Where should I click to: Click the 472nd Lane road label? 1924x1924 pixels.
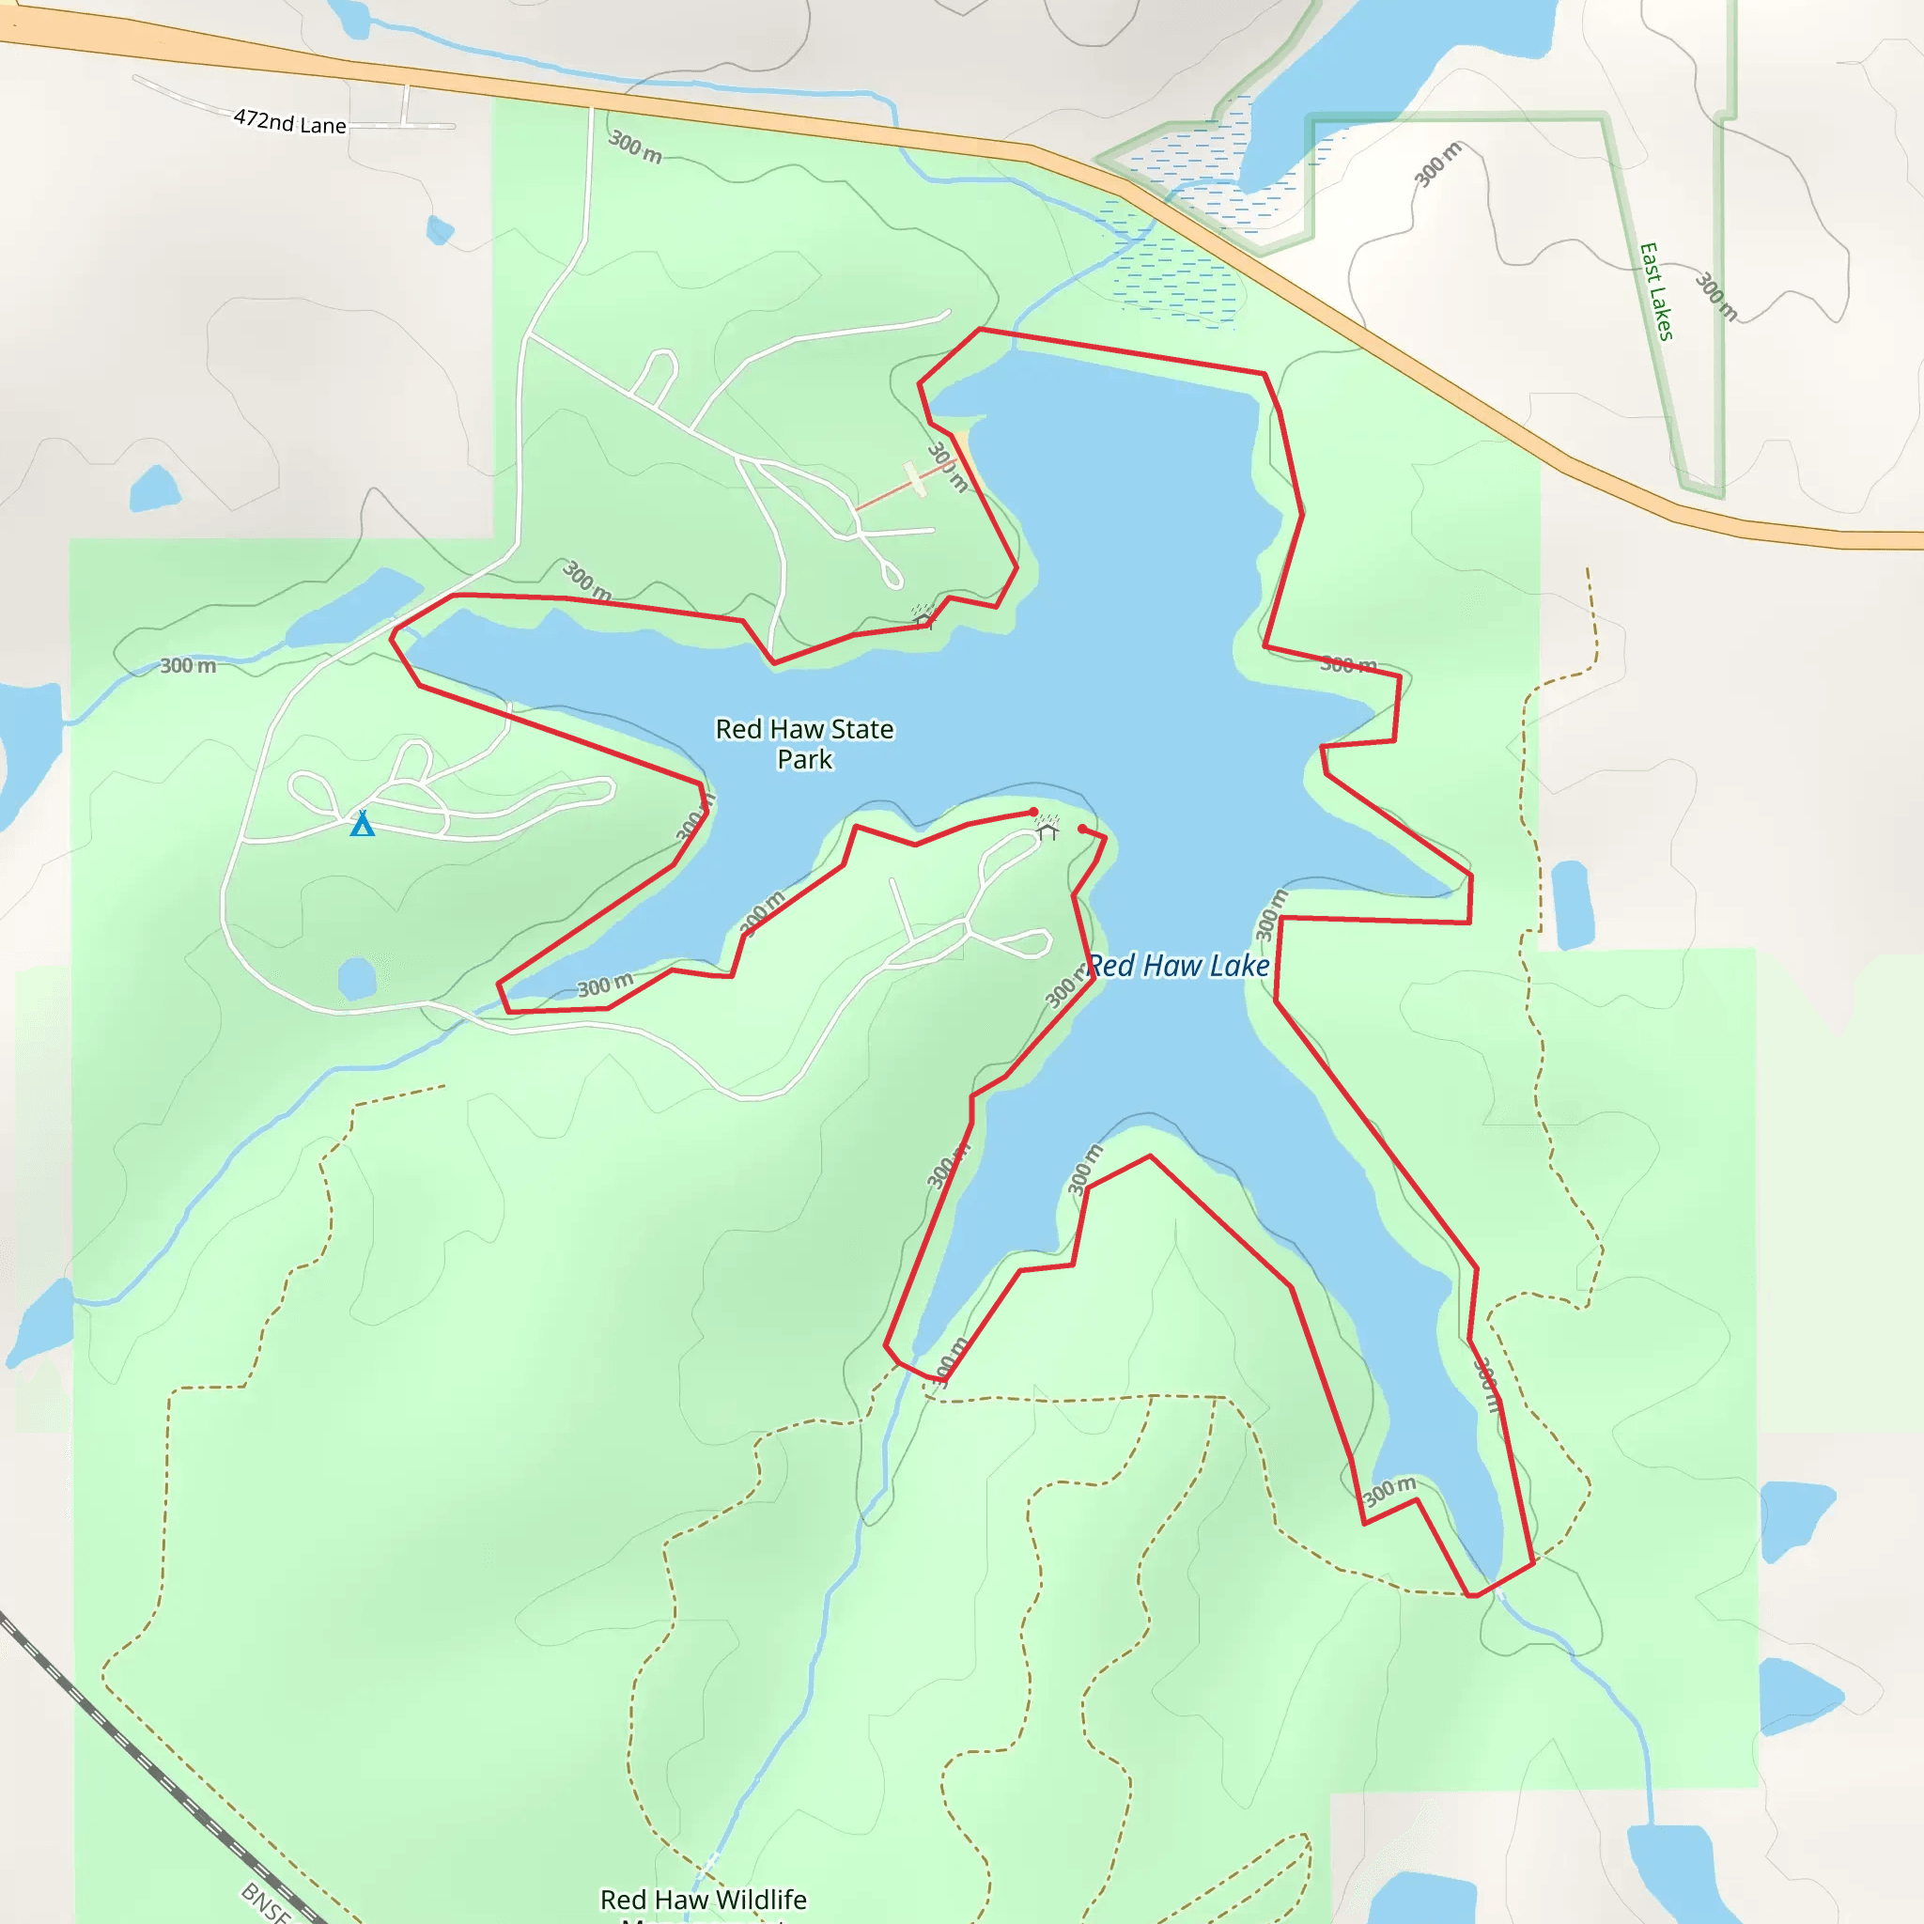click(x=289, y=121)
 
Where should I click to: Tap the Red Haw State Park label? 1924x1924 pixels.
click(x=805, y=744)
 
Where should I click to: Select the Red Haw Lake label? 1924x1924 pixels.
click(x=1178, y=965)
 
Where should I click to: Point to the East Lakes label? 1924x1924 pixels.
click(x=1656, y=292)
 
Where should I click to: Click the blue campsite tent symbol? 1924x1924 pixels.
click(x=363, y=824)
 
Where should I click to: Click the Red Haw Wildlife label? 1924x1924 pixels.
click(x=703, y=1899)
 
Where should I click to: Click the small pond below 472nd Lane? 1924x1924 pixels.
click(x=439, y=231)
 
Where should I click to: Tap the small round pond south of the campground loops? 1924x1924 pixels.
click(x=356, y=978)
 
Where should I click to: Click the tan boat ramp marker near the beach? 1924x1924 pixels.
click(x=915, y=479)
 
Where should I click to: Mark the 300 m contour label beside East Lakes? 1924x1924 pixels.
click(x=1715, y=296)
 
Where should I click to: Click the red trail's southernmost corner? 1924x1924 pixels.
click(x=1472, y=1595)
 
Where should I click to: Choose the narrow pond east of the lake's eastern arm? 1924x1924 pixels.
click(x=1573, y=905)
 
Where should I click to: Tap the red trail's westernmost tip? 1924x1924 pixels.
click(x=392, y=635)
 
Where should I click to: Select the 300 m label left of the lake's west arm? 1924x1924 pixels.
click(x=188, y=665)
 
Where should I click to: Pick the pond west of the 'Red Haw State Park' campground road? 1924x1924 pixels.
click(x=155, y=489)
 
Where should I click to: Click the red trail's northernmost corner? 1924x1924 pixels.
click(x=980, y=329)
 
